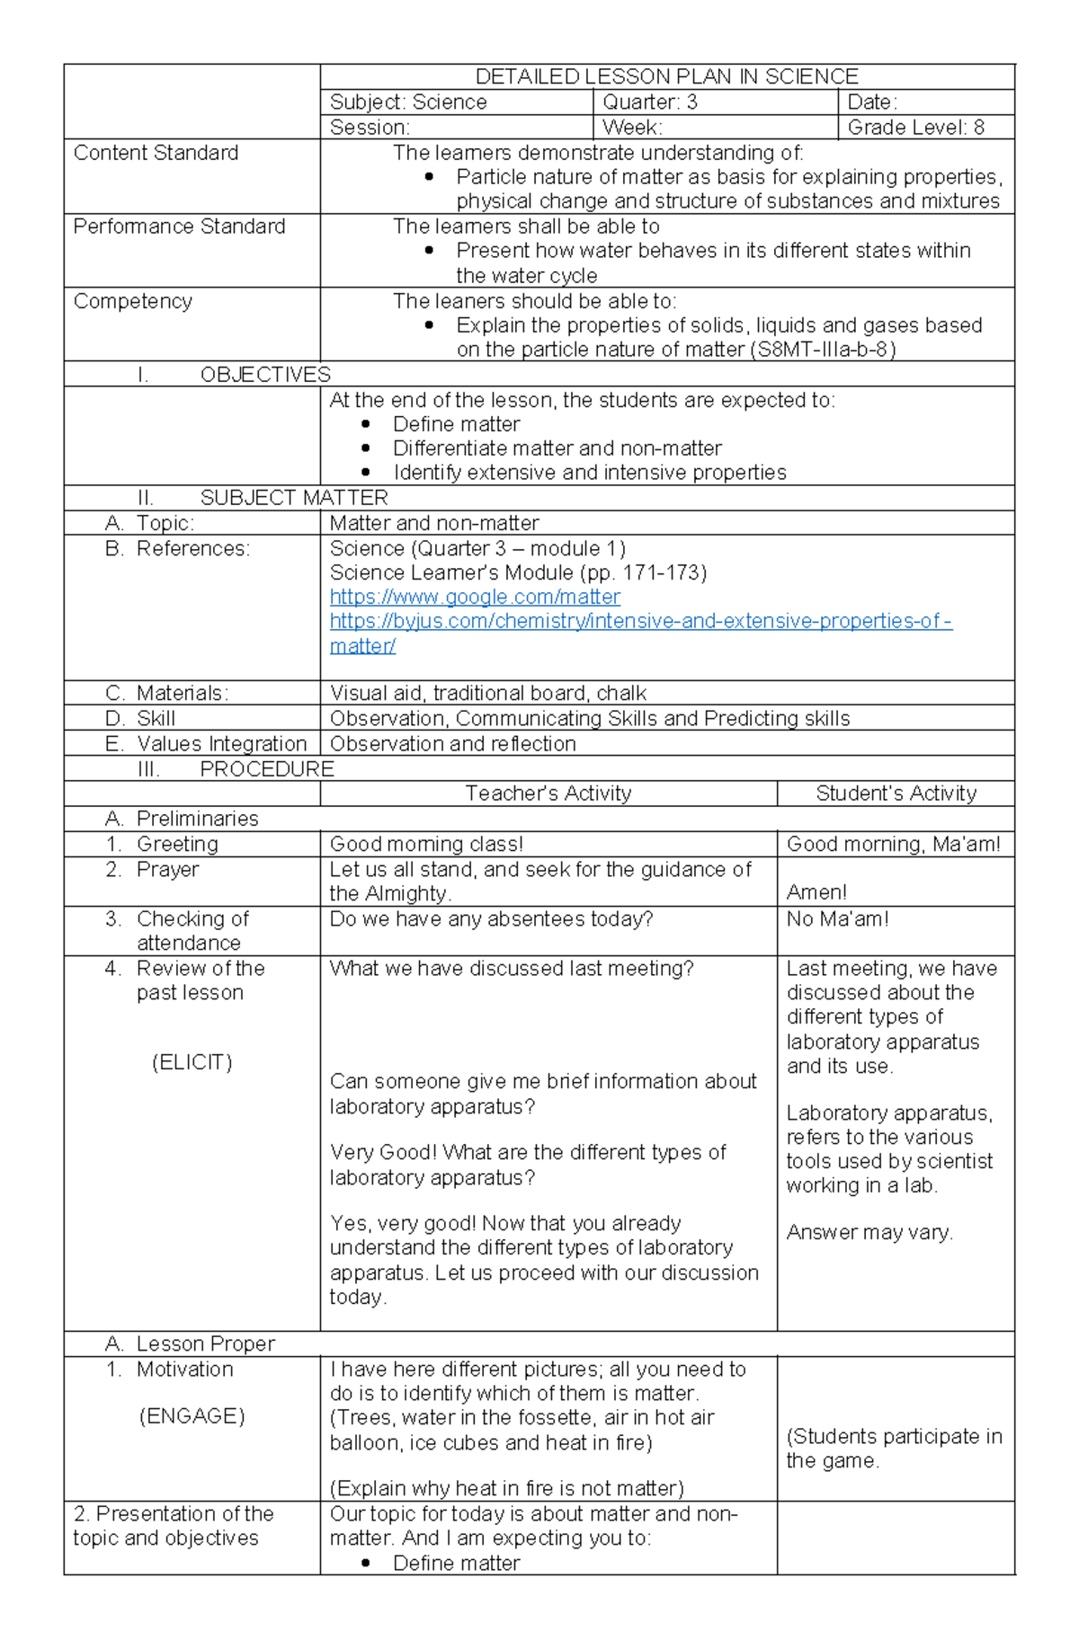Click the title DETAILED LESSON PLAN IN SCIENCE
click(x=666, y=76)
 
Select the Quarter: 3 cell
click(x=649, y=102)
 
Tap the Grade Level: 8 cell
click(x=915, y=128)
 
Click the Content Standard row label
click(x=156, y=153)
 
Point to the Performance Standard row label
click(x=179, y=226)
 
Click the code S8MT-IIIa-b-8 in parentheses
click(x=822, y=350)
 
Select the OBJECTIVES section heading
click(x=264, y=375)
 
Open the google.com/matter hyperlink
click(x=475, y=597)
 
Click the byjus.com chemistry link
click(x=640, y=621)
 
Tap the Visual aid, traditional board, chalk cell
click(x=487, y=693)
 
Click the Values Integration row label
click(x=221, y=743)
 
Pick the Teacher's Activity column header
click(x=548, y=793)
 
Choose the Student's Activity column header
click(x=896, y=793)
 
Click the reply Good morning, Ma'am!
click(x=893, y=844)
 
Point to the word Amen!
click(x=816, y=892)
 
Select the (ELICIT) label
click(x=192, y=1062)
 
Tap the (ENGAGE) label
click(x=192, y=1416)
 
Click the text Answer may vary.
click(x=869, y=1232)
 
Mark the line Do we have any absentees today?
click(x=491, y=919)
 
